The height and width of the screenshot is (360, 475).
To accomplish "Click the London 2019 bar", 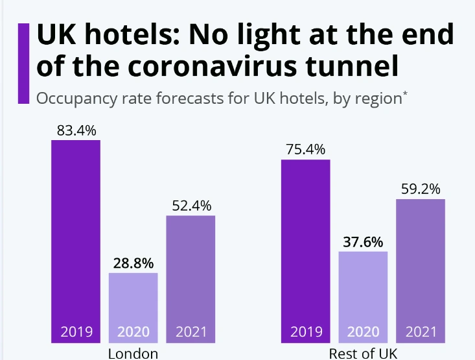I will click(x=76, y=240).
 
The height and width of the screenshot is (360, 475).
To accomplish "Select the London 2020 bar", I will click(x=133, y=298).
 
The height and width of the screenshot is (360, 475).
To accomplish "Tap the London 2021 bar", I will click(x=191, y=272).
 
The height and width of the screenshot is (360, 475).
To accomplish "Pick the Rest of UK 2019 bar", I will click(x=305, y=246).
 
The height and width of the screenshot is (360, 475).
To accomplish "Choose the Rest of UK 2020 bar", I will click(x=363, y=289).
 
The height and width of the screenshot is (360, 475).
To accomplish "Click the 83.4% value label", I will click(x=76, y=130).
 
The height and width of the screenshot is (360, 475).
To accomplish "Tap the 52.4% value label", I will click(x=191, y=206).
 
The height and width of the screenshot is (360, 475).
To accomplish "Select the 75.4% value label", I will click(x=305, y=149).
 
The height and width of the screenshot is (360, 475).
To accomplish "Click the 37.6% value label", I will click(x=363, y=241).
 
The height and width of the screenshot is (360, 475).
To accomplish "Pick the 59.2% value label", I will click(x=421, y=189).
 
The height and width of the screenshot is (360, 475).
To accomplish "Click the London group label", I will click(x=133, y=354).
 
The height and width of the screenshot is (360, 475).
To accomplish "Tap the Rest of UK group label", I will click(x=363, y=354).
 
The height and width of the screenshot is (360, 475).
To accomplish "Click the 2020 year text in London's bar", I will click(x=133, y=333).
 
